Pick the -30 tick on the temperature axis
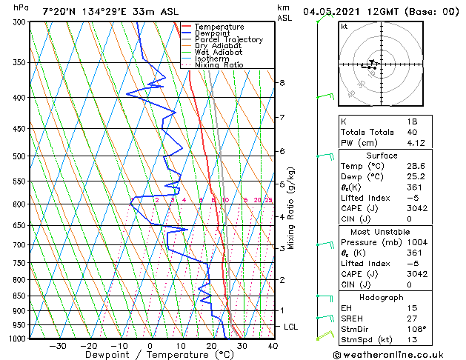[57, 346]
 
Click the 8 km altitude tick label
[282, 83]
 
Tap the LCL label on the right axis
[291, 327]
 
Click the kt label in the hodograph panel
[344, 27]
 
